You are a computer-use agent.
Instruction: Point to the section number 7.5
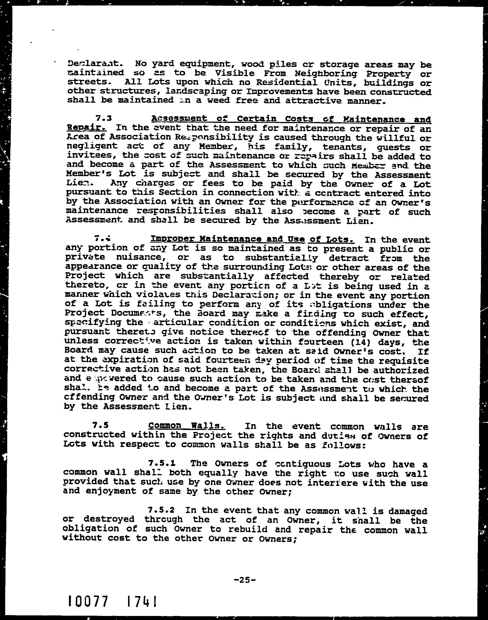101,426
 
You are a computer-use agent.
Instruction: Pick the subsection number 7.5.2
161,510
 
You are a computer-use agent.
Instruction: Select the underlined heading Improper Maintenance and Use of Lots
253,239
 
